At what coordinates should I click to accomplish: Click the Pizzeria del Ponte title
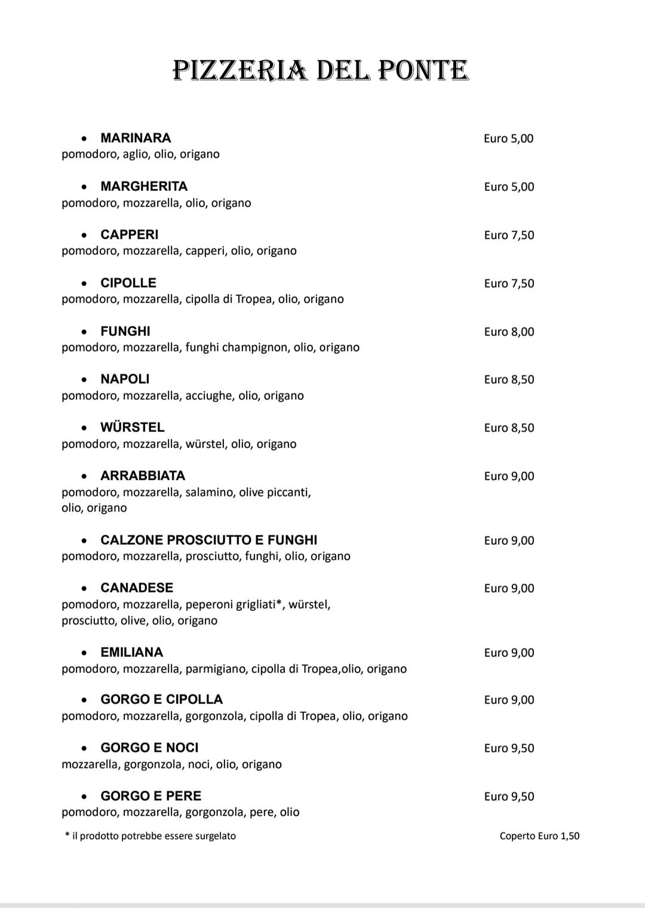tap(321, 70)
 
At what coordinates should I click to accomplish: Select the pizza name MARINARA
tap(136, 138)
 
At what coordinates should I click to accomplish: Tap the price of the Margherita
tap(509, 187)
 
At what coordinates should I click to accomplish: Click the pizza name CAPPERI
tap(129, 234)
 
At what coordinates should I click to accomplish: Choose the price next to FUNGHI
tap(509, 332)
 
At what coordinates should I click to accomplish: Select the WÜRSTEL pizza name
tap(132, 427)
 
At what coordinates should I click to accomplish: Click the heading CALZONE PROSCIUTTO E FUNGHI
tap(208, 540)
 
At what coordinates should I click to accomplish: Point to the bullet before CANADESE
tap(85, 589)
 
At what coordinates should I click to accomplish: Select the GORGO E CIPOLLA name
tap(161, 699)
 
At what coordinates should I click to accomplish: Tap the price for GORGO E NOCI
tap(509, 748)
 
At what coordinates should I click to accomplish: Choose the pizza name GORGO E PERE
tap(150, 796)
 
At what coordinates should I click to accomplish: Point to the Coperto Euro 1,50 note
tap(539, 836)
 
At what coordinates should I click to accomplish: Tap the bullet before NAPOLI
tap(85, 380)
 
